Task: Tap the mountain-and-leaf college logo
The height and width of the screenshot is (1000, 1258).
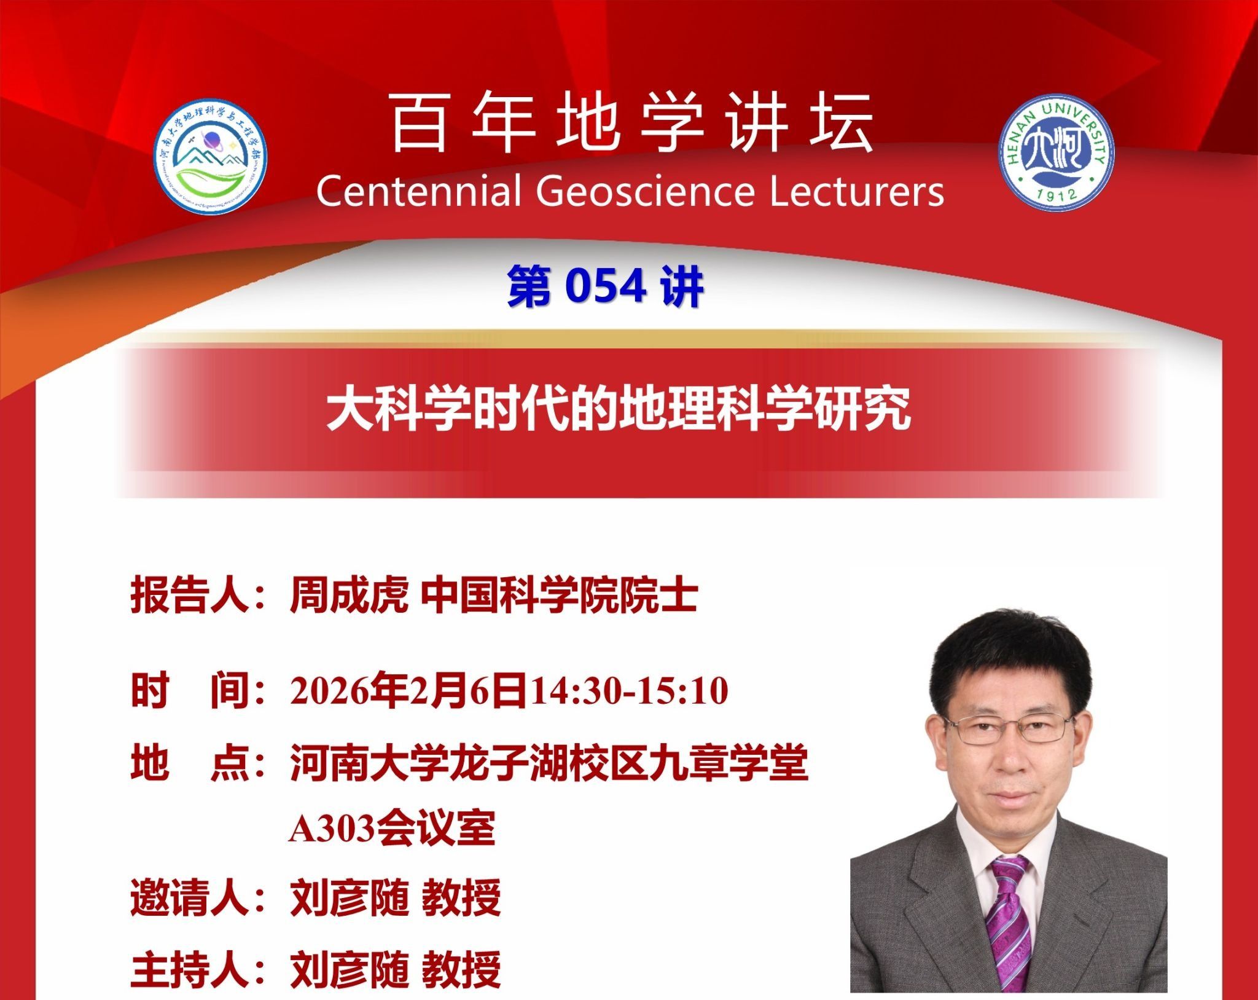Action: (210, 158)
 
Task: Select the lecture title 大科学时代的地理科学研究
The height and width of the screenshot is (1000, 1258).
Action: (618, 410)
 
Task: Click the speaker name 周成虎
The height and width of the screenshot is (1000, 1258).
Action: (349, 596)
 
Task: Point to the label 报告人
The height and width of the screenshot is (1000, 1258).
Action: (189, 596)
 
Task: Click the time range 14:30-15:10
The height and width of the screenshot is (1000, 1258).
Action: (629, 691)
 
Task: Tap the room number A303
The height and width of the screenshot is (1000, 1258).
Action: (332, 829)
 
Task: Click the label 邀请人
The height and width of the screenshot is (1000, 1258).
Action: (189, 898)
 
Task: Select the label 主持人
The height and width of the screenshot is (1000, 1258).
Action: (189, 969)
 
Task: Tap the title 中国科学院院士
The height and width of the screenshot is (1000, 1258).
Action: (560, 596)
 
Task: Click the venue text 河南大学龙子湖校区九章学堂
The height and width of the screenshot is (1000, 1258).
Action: (549, 763)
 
